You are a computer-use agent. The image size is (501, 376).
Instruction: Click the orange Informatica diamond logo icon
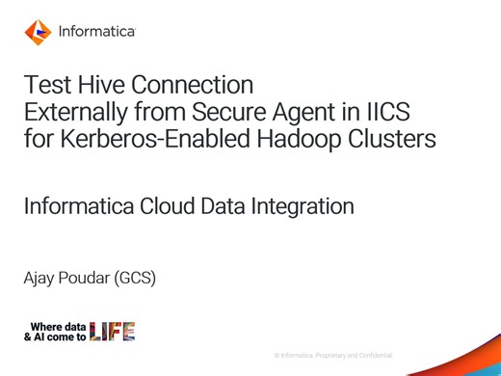coord(38,32)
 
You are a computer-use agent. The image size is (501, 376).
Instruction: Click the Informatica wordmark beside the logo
coord(96,32)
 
